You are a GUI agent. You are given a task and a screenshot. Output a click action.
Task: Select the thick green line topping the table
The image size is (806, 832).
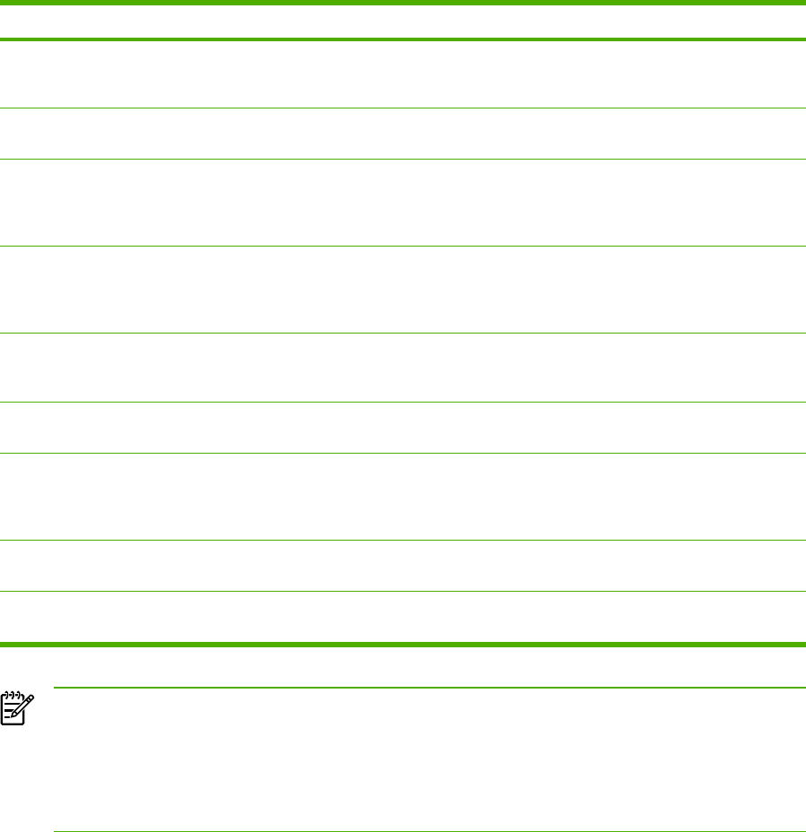[403, 2]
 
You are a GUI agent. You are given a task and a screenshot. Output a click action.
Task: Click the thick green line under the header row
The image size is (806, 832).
[403, 39]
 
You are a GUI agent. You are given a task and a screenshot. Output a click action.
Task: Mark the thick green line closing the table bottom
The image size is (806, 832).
[403, 644]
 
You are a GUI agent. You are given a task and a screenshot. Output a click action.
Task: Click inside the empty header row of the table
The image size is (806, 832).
[403, 21]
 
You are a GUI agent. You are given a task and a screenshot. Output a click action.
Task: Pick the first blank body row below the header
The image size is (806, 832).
[403, 75]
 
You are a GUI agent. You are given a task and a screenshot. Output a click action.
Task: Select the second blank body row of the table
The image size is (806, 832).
[403, 134]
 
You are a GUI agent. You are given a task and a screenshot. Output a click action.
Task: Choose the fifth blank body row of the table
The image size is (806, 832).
[403, 368]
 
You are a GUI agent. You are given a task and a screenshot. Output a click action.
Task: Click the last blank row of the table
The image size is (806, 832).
[403, 616]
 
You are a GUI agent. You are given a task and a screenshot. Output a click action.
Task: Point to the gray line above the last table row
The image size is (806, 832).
[403, 591]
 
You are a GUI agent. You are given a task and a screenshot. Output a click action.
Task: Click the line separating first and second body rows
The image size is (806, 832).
[403, 109]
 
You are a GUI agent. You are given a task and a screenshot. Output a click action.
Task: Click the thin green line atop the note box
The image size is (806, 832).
[429, 688]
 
